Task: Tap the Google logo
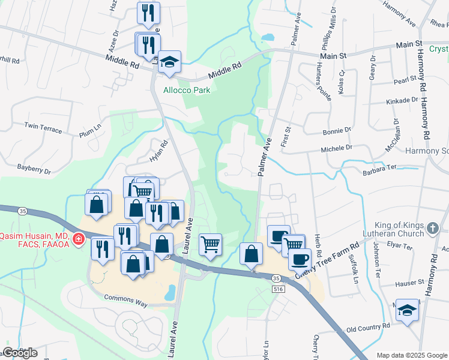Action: click(20, 353)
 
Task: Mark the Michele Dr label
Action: click(336, 148)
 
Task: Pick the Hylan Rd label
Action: click(160, 148)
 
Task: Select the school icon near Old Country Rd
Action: click(408, 310)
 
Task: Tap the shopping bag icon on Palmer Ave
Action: click(251, 254)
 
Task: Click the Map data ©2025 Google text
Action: click(412, 355)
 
